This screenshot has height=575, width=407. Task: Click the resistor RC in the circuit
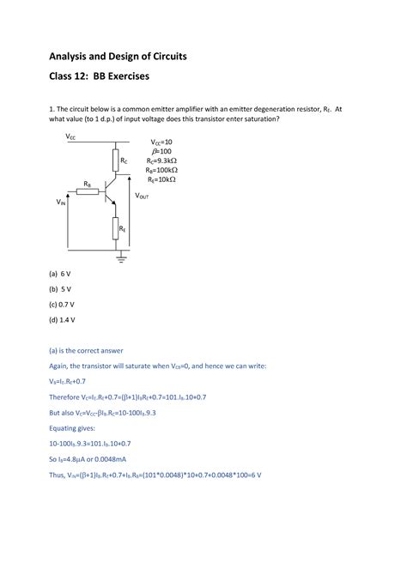114,160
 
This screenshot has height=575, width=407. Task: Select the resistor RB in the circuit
88,191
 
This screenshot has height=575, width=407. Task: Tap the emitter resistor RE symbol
114,228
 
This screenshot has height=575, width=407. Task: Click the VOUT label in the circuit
142,196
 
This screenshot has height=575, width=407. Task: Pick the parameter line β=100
162,151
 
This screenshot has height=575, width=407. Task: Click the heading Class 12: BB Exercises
98,77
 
